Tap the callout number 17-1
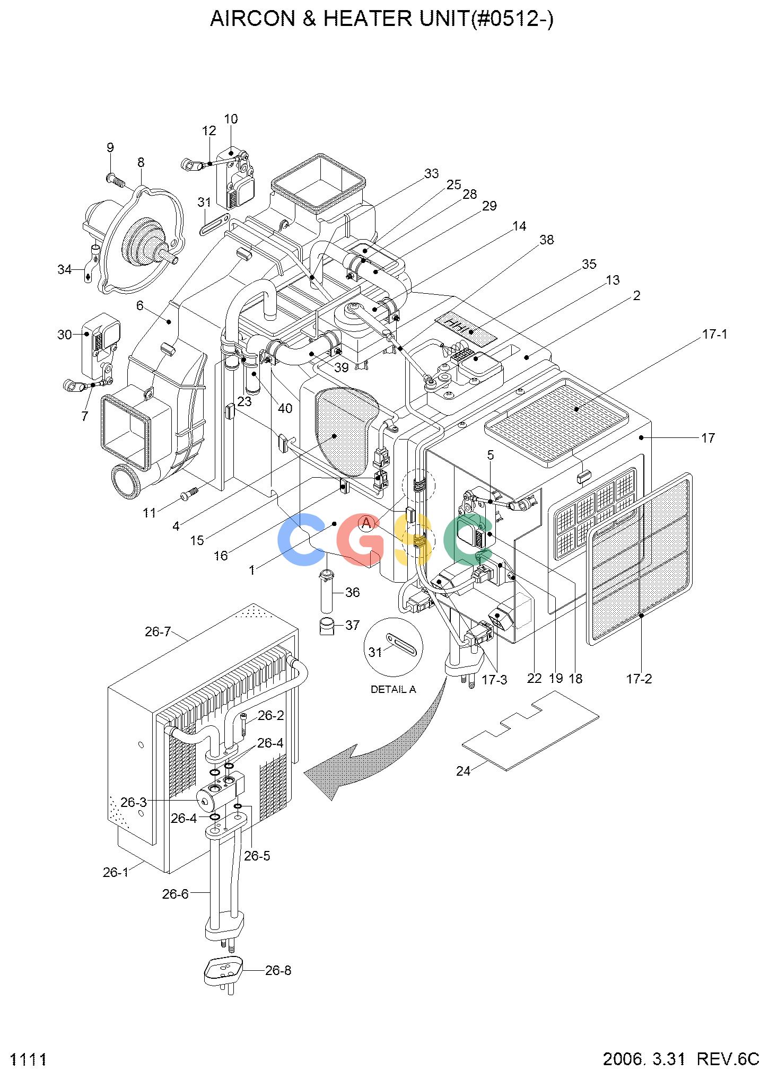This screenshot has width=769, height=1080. [714, 335]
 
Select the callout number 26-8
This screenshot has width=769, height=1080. [278, 971]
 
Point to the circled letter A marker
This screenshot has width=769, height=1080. [366, 523]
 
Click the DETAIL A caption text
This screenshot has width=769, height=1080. [393, 690]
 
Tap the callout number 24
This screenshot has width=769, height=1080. [463, 771]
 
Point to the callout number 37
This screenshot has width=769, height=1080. [353, 625]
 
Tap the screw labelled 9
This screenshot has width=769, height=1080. [116, 181]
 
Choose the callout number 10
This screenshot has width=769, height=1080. [231, 119]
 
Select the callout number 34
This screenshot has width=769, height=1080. [64, 270]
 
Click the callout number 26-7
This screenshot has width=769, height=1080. [158, 631]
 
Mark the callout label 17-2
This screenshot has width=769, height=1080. [639, 679]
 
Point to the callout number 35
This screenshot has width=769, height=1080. [589, 264]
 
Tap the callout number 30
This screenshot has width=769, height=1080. [65, 335]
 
